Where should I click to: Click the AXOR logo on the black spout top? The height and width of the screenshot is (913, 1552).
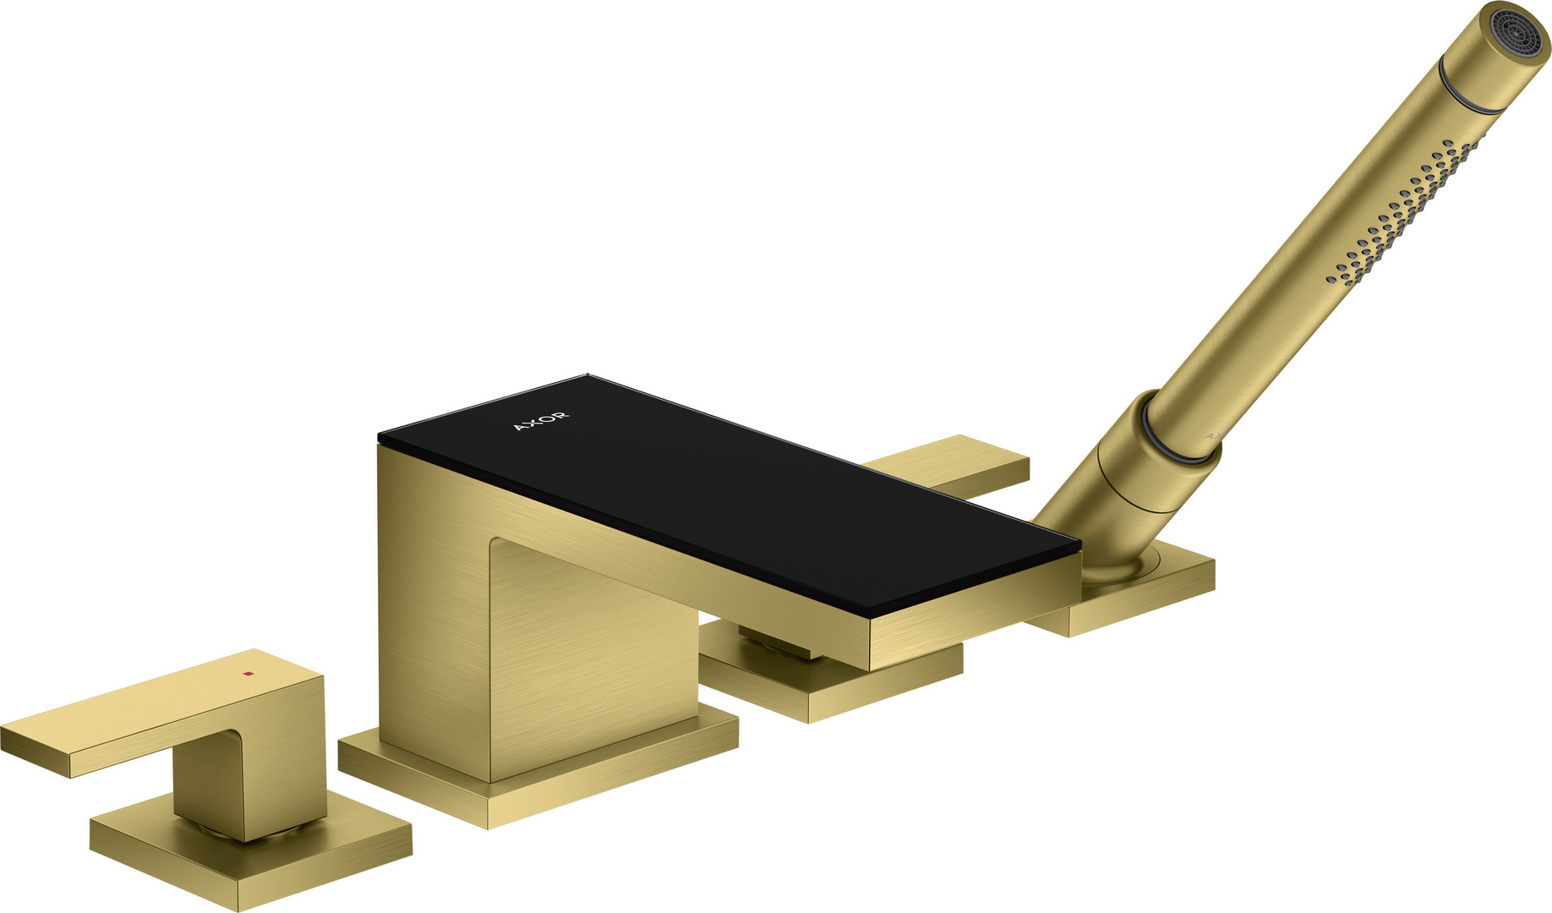[x=541, y=421]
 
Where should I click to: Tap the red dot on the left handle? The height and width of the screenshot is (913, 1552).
[x=248, y=674]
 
